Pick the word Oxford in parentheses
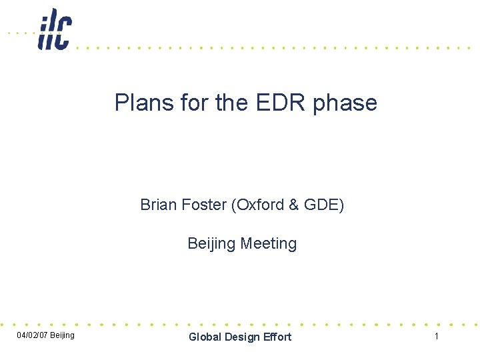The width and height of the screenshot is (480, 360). tap(258, 205)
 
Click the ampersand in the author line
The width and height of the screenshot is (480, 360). tap(293, 205)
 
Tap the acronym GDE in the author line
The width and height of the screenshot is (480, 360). tap(323, 205)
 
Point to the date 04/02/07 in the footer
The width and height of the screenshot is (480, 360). tap(31, 335)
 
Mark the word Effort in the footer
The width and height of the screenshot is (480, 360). tap(278, 337)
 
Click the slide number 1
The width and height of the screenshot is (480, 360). tap(437, 336)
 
